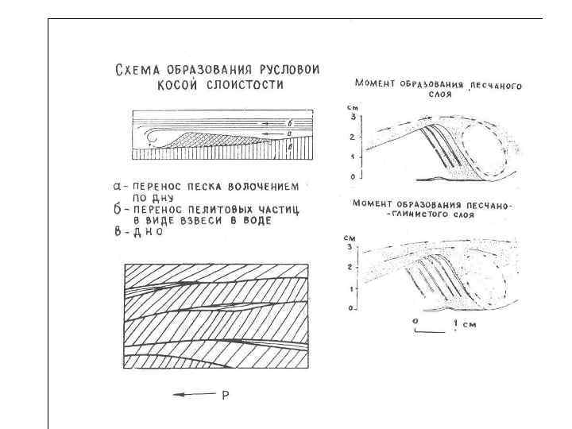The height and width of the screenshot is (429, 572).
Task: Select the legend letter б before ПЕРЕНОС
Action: click(x=117, y=209)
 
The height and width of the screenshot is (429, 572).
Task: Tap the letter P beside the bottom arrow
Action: click(x=225, y=395)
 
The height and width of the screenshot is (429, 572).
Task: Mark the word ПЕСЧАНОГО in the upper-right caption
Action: click(x=497, y=85)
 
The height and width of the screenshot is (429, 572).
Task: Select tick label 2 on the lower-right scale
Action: click(x=349, y=268)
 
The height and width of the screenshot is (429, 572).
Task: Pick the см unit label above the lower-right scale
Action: click(x=349, y=238)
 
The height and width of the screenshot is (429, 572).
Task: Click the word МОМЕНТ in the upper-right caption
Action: click(x=375, y=83)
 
